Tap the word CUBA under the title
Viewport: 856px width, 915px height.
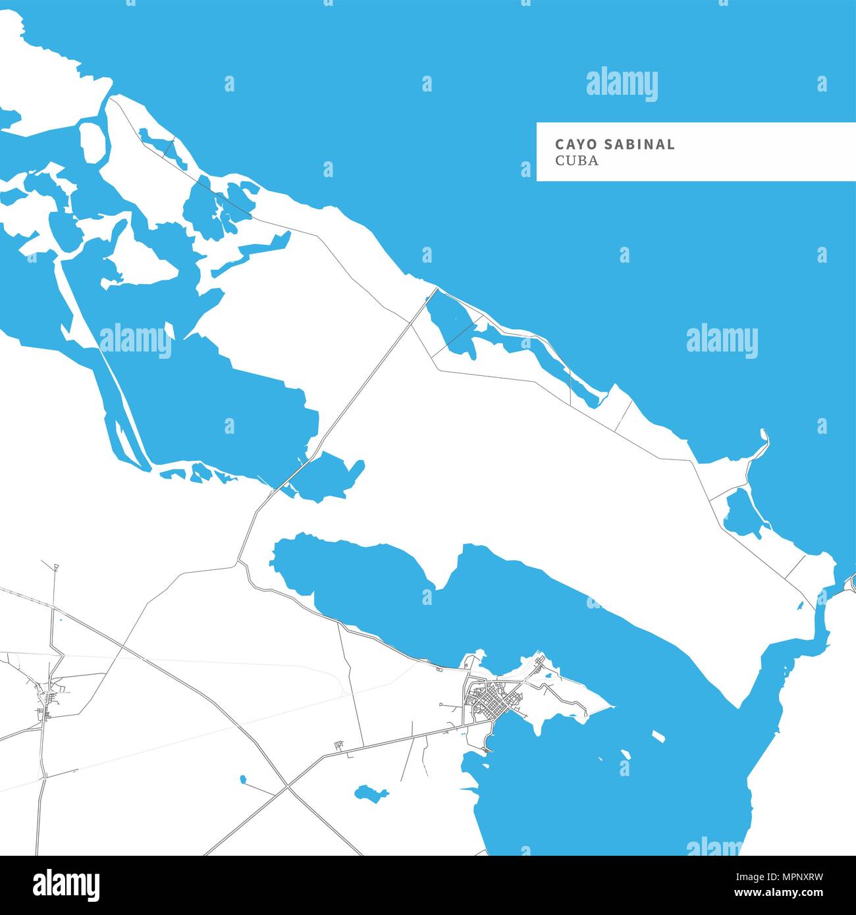point(577,161)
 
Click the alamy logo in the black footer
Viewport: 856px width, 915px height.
point(67,884)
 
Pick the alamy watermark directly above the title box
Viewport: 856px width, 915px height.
point(622,84)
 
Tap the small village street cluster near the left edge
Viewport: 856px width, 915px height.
point(47,694)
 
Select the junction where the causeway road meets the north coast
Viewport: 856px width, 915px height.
point(436,288)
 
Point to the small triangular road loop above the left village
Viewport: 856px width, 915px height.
point(56,567)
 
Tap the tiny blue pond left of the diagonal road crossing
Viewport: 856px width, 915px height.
point(243,779)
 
